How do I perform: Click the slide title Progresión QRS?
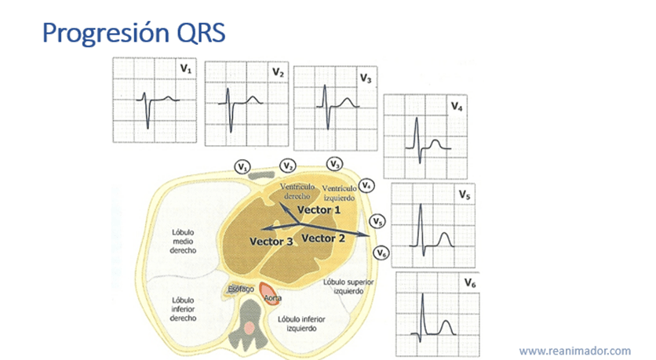point(133,32)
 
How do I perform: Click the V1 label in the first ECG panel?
point(185,70)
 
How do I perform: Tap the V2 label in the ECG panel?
point(277,72)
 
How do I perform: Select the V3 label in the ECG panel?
point(366,78)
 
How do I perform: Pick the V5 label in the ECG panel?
point(465,193)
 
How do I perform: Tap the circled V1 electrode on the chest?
point(242,167)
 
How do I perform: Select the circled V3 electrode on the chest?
point(334,164)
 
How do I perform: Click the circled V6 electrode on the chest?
point(381,253)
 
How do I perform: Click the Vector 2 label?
point(324,237)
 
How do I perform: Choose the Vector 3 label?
point(272,242)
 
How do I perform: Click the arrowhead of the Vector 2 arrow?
point(368,234)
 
